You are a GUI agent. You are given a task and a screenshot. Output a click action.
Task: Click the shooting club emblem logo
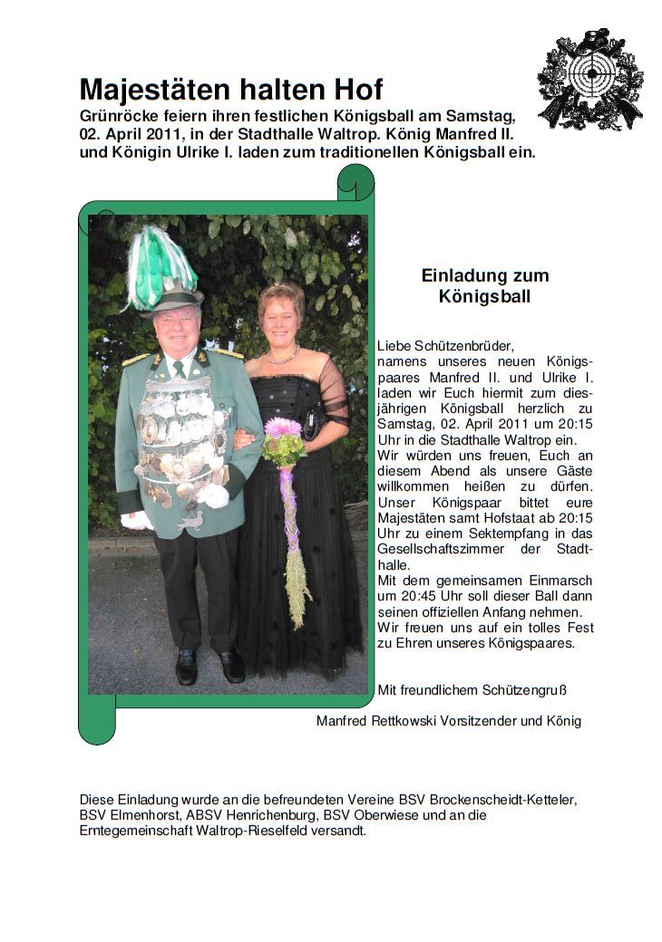pos(590,80)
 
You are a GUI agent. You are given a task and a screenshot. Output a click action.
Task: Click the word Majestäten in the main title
pos(150,90)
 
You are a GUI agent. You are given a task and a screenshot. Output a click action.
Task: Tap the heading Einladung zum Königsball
pos(485,285)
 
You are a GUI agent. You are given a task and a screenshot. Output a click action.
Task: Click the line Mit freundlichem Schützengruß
pos(472,690)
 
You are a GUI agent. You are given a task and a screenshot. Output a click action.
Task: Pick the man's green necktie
pos(180,369)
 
